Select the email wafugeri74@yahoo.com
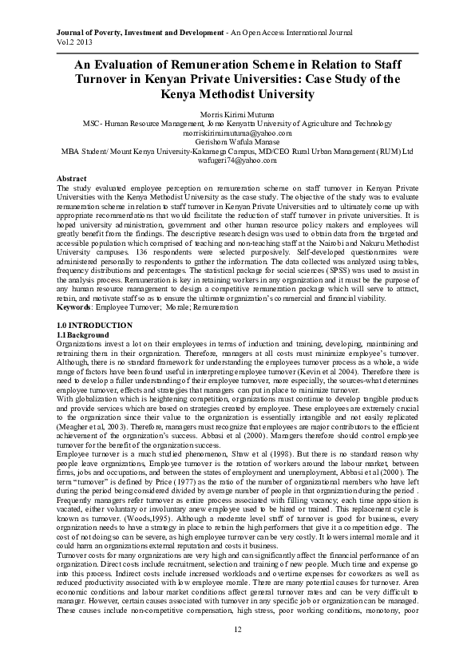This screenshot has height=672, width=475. tap(237, 159)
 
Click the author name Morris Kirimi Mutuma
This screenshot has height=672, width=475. tap(237, 115)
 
